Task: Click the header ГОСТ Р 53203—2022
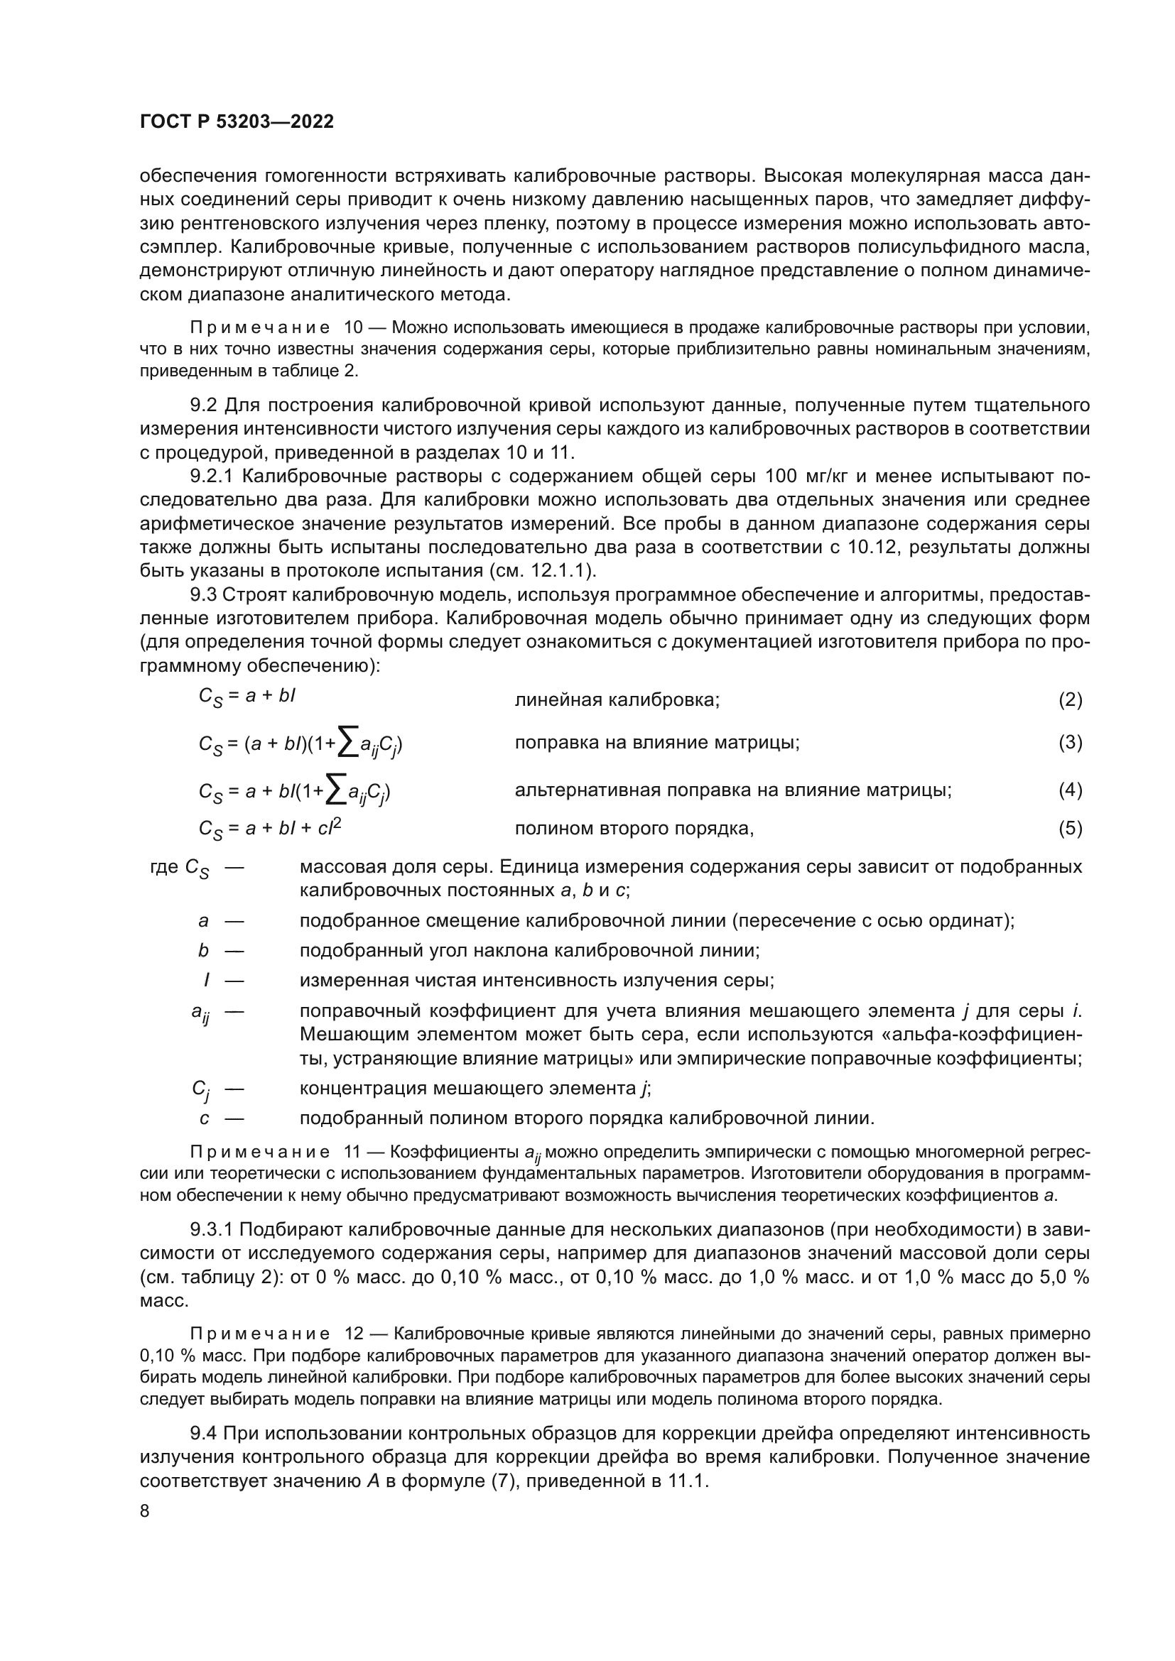237,121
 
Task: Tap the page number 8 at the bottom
145,1511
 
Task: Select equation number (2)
1070,699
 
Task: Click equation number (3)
1070,742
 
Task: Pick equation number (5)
1070,828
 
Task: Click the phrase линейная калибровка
617,700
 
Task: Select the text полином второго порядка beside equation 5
634,829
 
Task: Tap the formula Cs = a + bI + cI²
270,829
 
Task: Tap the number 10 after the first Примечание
354,327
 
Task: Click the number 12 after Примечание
354,1334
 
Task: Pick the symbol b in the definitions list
203,951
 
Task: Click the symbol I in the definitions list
207,981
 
